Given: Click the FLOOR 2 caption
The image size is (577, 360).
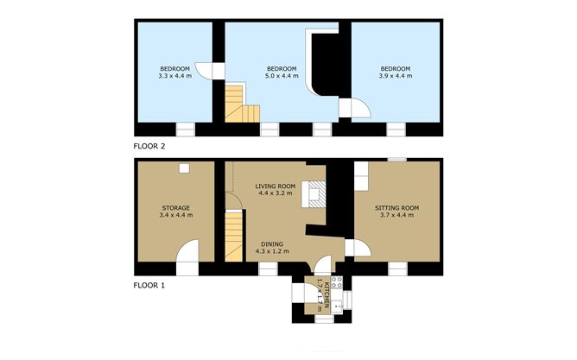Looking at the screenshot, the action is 149,146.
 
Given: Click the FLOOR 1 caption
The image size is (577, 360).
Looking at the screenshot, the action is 149,285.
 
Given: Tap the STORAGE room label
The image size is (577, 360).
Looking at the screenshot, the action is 176,208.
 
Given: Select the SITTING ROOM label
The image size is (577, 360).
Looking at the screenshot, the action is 396,208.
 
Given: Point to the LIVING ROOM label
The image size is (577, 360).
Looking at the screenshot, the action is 276,186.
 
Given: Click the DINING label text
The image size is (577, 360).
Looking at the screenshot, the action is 272,243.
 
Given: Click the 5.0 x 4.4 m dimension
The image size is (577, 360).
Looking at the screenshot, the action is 282,76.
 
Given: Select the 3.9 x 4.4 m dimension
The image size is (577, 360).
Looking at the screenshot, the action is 396,76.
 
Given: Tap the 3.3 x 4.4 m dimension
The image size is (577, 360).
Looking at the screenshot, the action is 175,76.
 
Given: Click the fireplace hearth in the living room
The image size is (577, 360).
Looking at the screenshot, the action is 314,193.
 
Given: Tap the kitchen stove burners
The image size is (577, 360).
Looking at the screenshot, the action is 337,282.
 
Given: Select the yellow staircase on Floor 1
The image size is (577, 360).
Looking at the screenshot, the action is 234,236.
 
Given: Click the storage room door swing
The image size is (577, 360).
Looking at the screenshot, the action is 187,250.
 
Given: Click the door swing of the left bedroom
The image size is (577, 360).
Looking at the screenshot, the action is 204,71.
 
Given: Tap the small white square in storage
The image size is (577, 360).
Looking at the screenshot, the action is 184,168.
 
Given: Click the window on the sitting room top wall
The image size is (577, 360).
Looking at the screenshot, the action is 397,160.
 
